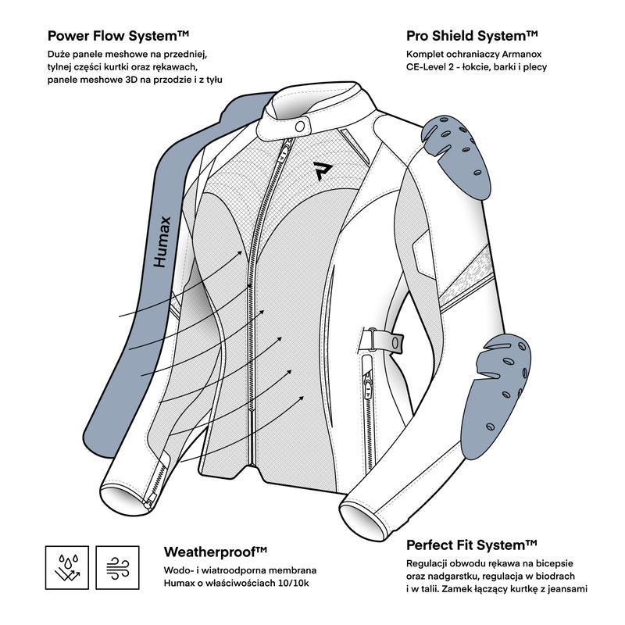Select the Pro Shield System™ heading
(x=473, y=35)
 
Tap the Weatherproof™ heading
(x=216, y=552)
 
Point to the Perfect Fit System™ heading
(x=472, y=545)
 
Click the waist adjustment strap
(x=384, y=342)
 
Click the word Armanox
(x=521, y=54)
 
